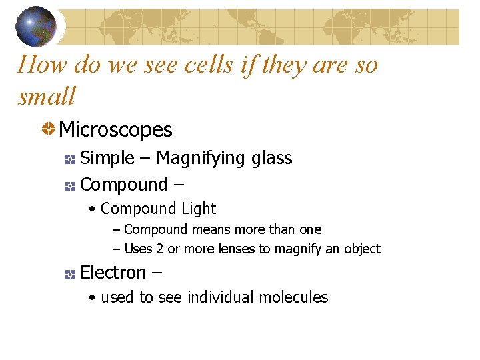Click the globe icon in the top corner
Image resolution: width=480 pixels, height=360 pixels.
(36, 25)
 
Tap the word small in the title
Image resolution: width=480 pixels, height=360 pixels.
(47, 97)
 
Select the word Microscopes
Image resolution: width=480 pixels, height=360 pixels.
(115, 129)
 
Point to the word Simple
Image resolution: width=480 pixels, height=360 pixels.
(107, 158)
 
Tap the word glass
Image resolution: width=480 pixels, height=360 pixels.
(272, 159)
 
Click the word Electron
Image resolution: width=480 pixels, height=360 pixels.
(113, 273)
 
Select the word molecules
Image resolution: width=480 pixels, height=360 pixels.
(294, 297)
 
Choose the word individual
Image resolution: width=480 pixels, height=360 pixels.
(219, 297)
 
